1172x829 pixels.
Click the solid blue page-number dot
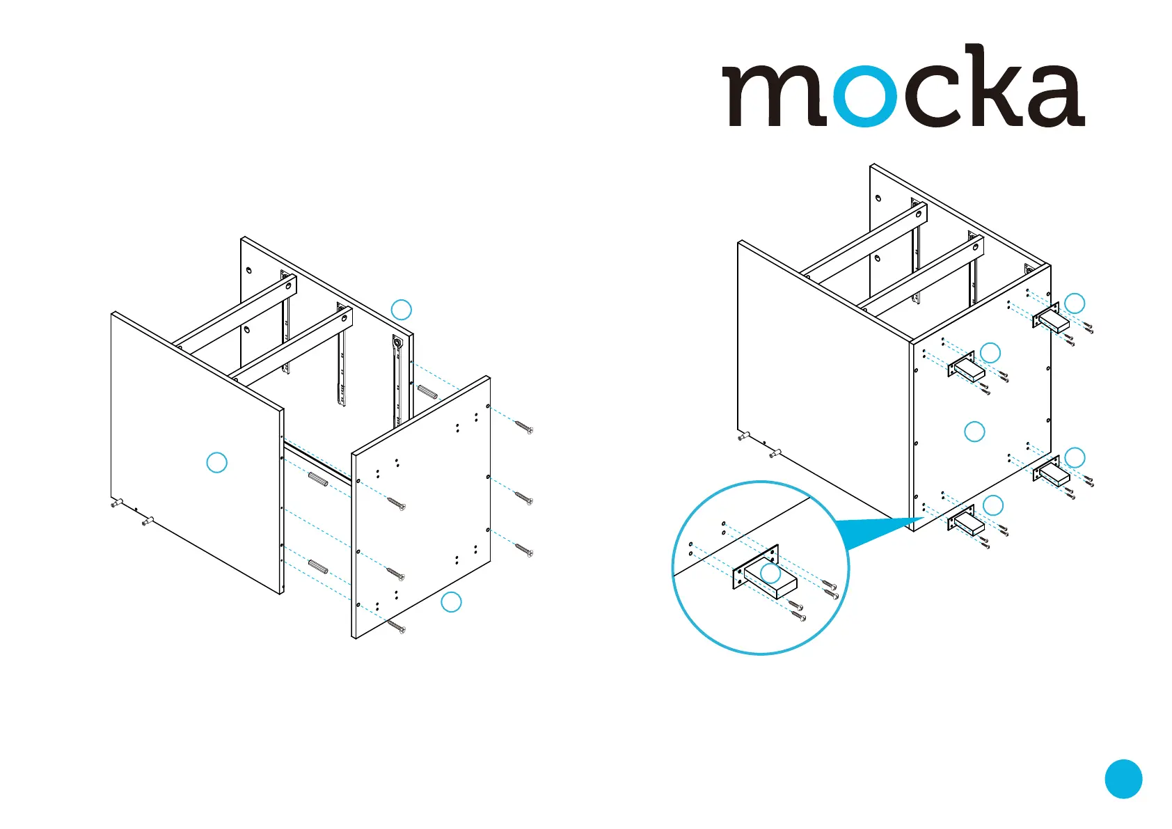point(1123,778)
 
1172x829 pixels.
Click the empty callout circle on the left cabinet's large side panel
point(217,462)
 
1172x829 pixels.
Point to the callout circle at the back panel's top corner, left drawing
point(402,310)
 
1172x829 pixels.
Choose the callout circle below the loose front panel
point(451,601)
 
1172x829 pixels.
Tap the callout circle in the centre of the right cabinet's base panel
point(974,432)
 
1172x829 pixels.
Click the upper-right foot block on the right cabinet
point(1052,322)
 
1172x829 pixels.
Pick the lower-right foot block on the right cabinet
point(1052,475)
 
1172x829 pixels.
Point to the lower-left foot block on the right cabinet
point(968,523)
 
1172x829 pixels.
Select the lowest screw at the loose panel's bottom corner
point(397,628)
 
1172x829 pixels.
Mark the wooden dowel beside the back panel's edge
point(427,391)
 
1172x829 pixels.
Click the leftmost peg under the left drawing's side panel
point(116,503)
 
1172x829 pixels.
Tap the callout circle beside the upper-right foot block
point(1075,303)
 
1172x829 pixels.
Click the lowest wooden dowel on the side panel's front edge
point(318,567)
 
